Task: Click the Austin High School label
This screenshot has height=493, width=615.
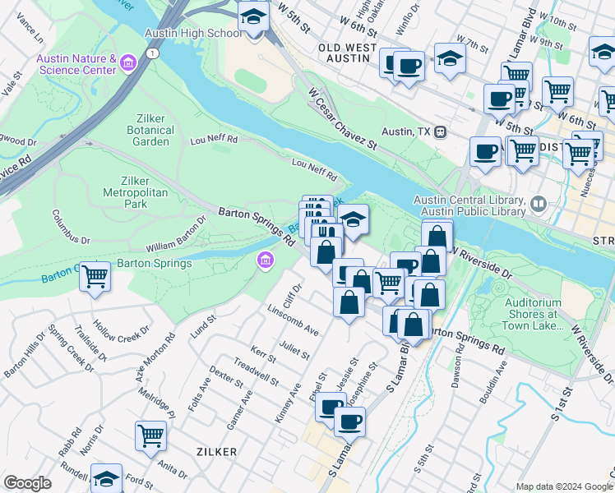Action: (193, 33)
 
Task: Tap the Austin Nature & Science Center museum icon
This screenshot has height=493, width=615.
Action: (127, 63)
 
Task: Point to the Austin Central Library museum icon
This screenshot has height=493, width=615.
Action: (539, 202)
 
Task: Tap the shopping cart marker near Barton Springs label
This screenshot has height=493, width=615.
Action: (95, 276)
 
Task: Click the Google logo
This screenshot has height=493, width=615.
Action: (27, 483)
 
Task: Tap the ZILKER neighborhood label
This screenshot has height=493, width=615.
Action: (217, 452)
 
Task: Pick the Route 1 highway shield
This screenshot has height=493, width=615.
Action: (151, 53)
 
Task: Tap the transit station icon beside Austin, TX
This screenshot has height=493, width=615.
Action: (441, 131)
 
